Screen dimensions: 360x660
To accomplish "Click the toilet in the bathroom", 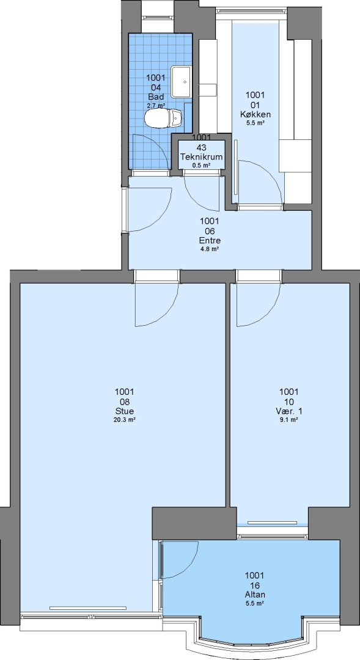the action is pyautogui.click(x=163, y=118).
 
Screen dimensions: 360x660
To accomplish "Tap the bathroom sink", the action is pyautogui.click(x=181, y=81).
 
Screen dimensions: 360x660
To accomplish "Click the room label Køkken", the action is pyautogui.click(x=255, y=114).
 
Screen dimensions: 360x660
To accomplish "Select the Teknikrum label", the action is pyautogui.click(x=201, y=157).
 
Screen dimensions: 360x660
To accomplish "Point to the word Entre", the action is pyautogui.click(x=210, y=241).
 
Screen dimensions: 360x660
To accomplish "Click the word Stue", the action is pyautogui.click(x=124, y=411).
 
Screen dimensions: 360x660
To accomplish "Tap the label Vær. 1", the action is pyautogui.click(x=289, y=411).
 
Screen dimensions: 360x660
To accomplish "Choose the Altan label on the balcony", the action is pyautogui.click(x=254, y=595).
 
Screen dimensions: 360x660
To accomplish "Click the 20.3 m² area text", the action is pyautogui.click(x=124, y=420).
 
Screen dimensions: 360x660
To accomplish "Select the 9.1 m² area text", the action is pyautogui.click(x=289, y=420).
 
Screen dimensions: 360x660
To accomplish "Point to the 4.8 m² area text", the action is pyautogui.click(x=210, y=249).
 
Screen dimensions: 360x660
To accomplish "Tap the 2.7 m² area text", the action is pyautogui.click(x=155, y=106).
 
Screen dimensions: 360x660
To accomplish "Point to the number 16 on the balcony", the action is pyautogui.click(x=254, y=585).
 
